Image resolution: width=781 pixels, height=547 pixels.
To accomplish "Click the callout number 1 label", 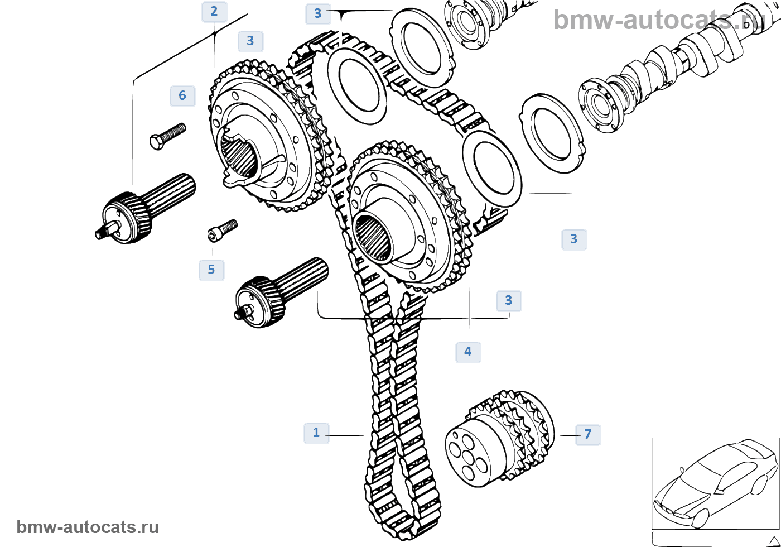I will click(316, 433).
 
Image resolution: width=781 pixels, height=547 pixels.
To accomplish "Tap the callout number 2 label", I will click(214, 11).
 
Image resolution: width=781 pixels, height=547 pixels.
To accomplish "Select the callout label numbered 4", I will click(467, 352).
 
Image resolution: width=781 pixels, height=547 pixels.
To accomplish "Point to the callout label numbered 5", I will click(211, 270).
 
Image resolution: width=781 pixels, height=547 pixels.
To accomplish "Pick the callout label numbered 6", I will click(182, 96).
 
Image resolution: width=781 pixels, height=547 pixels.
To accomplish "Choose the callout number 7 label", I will click(587, 434).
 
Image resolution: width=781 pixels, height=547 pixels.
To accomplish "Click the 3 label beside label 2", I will click(250, 41).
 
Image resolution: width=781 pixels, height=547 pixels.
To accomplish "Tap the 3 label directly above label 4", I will click(508, 301).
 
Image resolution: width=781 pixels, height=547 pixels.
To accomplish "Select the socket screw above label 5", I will click(222, 229).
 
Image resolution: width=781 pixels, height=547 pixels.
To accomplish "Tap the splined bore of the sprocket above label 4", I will click(375, 237).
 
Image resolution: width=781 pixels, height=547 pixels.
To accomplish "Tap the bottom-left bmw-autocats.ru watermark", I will click(88, 527).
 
